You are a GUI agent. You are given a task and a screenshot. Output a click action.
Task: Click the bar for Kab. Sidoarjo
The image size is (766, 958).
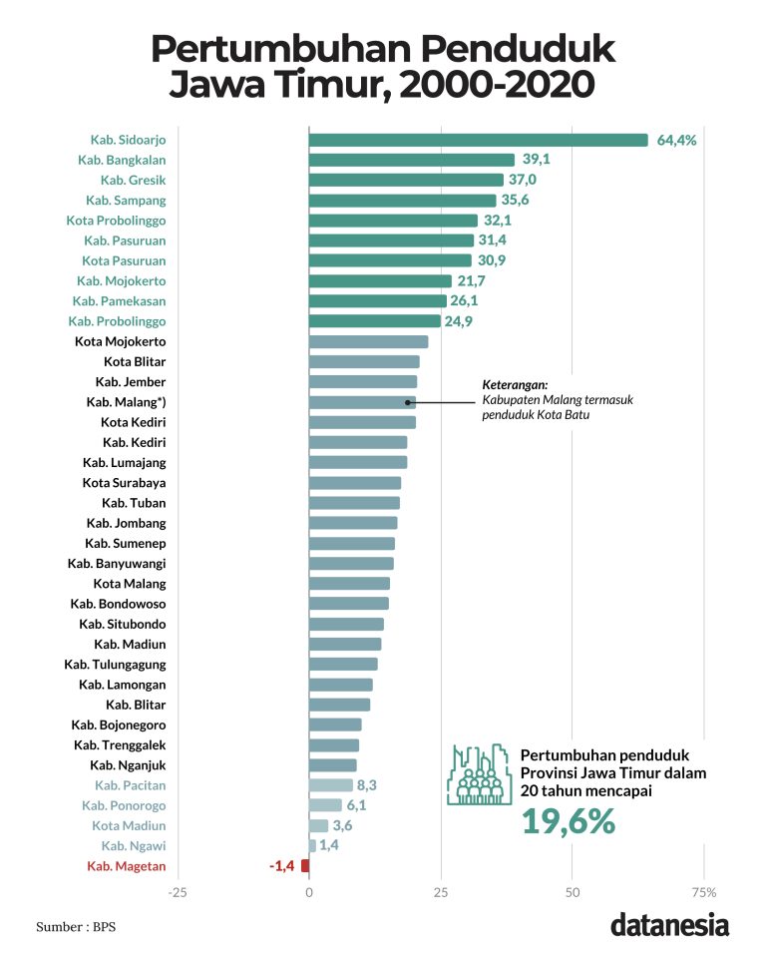(x=479, y=140)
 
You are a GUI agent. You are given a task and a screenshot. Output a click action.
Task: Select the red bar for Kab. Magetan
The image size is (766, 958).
(x=305, y=866)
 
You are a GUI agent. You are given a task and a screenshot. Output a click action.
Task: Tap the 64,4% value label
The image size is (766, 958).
(x=676, y=140)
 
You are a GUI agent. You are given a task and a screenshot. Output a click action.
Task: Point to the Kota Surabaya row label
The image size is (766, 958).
(x=124, y=483)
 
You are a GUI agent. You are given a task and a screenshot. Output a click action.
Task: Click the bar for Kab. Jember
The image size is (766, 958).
(x=363, y=382)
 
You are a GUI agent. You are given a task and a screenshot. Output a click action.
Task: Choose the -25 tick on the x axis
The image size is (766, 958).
(x=178, y=891)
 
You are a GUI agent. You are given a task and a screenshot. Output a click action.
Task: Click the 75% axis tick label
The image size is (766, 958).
(x=703, y=891)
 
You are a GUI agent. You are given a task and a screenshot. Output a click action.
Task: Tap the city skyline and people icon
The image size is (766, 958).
(x=478, y=773)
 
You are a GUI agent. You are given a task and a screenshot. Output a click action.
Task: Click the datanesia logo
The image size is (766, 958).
(x=669, y=925)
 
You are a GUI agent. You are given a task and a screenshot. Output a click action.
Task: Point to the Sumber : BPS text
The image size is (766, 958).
(x=76, y=927)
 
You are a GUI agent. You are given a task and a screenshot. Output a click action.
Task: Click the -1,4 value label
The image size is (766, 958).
(x=281, y=866)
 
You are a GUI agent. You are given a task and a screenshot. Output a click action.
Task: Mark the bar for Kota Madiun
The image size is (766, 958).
(x=318, y=825)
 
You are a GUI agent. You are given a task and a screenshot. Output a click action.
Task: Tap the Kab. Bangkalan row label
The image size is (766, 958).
(x=122, y=160)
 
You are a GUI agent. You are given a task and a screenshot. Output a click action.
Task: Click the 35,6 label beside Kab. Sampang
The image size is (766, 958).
(x=515, y=201)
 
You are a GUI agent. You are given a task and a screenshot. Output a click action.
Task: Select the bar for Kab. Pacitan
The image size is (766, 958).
(x=331, y=785)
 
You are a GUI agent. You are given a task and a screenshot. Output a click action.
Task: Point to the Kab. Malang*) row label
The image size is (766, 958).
(x=126, y=402)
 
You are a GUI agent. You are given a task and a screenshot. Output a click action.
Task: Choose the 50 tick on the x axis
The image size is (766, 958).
(x=572, y=891)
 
